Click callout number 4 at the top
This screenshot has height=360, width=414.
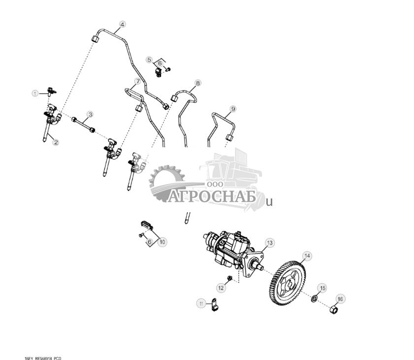[122, 24]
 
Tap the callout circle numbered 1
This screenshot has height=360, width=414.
[35, 93]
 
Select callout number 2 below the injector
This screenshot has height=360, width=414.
[56, 142]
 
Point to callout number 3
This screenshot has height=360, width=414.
[90, 115]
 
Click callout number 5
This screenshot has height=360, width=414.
[149, 60]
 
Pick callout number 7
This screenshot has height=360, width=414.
[138, 81]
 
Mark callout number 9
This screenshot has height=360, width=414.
[233, 108]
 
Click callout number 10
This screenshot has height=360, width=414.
[162, 242]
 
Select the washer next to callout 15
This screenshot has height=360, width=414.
[314, 298]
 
